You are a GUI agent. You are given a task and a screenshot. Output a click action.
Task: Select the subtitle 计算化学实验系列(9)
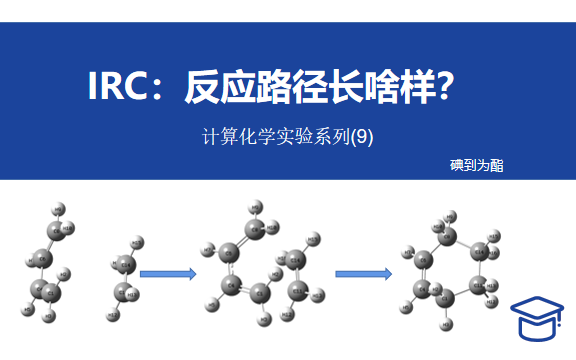(x=287, y=138)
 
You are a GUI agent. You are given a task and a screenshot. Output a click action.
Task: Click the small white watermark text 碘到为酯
(x=477, y=165)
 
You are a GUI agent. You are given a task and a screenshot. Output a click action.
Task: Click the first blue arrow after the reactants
(x=168, y=272)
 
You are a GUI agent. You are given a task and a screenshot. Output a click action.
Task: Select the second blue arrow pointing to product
(x=362, y=272)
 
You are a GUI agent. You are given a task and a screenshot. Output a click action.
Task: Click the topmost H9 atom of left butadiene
(x=59, y=209)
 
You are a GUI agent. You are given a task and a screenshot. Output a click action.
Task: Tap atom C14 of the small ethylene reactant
(x=126, y=265)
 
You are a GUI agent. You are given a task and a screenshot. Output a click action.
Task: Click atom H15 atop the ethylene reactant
(x=136, y=243)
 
